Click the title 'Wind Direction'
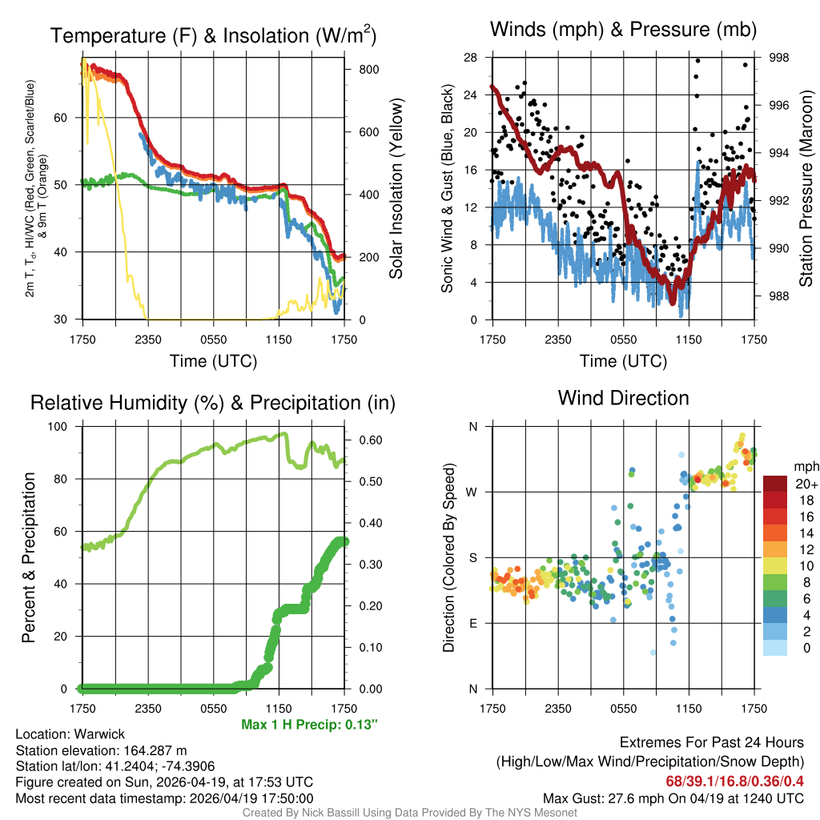(623, 398)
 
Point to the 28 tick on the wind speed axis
(471, 58)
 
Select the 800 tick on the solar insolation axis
(368, 70)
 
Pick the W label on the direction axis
(472, 492)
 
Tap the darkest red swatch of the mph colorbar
(774, 484)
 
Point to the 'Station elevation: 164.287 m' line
(101, 750)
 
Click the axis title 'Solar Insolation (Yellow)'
(396, 189)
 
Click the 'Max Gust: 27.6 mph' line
(673, 798)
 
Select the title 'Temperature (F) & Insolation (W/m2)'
(213, 36)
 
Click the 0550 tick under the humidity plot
(214, 708)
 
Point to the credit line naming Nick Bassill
(409, 813)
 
